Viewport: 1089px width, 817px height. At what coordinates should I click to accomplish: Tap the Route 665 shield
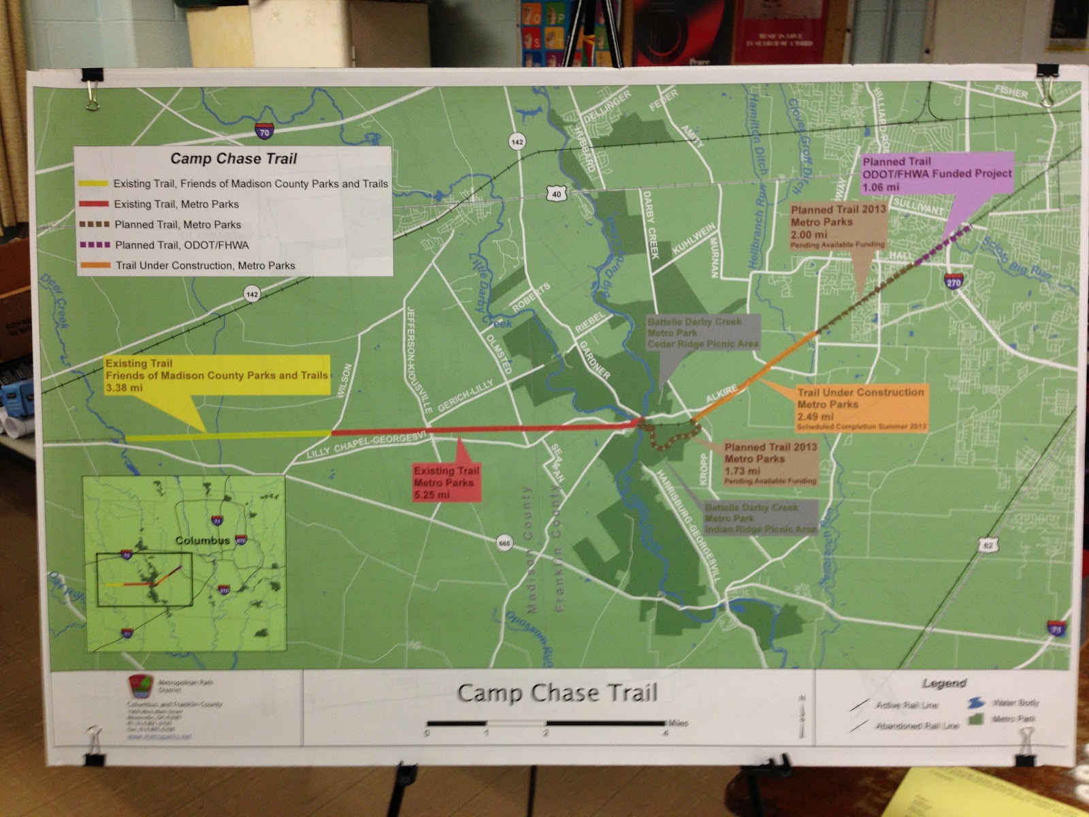coord(504,543)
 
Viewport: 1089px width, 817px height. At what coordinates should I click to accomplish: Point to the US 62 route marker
coord(988,545)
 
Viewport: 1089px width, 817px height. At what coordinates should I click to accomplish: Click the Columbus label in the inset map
coord(202,541)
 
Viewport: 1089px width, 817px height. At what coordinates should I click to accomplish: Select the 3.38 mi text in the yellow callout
coord(124,388)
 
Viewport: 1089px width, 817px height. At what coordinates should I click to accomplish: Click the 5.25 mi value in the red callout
coord(432,495)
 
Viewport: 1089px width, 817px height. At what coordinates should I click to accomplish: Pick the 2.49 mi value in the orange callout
coord(815,417)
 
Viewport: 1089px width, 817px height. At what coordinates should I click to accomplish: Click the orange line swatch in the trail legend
coord(94,266)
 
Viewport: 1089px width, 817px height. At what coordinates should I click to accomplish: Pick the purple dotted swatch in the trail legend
coord(94,245)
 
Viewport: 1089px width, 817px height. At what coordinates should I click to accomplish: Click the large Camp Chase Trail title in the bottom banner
coord(557,693)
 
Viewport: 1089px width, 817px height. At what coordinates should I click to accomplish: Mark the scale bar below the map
coord(546,724)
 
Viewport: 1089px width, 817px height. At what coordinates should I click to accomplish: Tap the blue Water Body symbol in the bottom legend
coord(976,703)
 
